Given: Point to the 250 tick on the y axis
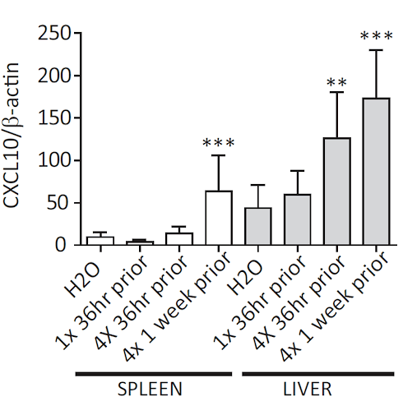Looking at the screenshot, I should click(54, 34).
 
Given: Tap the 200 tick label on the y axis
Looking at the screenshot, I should click(54, 76).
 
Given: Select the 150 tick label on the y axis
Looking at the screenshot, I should click(54, 118).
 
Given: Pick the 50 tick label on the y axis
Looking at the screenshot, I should click(59, 203).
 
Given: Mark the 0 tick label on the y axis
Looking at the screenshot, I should click(64, 245).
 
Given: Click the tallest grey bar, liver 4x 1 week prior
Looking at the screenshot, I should click(375, 172).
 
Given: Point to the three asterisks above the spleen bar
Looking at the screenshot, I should click(217, 143).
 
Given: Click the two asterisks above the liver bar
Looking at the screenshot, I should click(336, 82).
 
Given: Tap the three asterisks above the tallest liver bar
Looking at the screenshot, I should click(376, 36).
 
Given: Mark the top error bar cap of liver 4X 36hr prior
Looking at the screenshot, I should click(336, 92).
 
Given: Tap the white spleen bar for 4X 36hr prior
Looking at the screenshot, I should click(178, 239).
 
